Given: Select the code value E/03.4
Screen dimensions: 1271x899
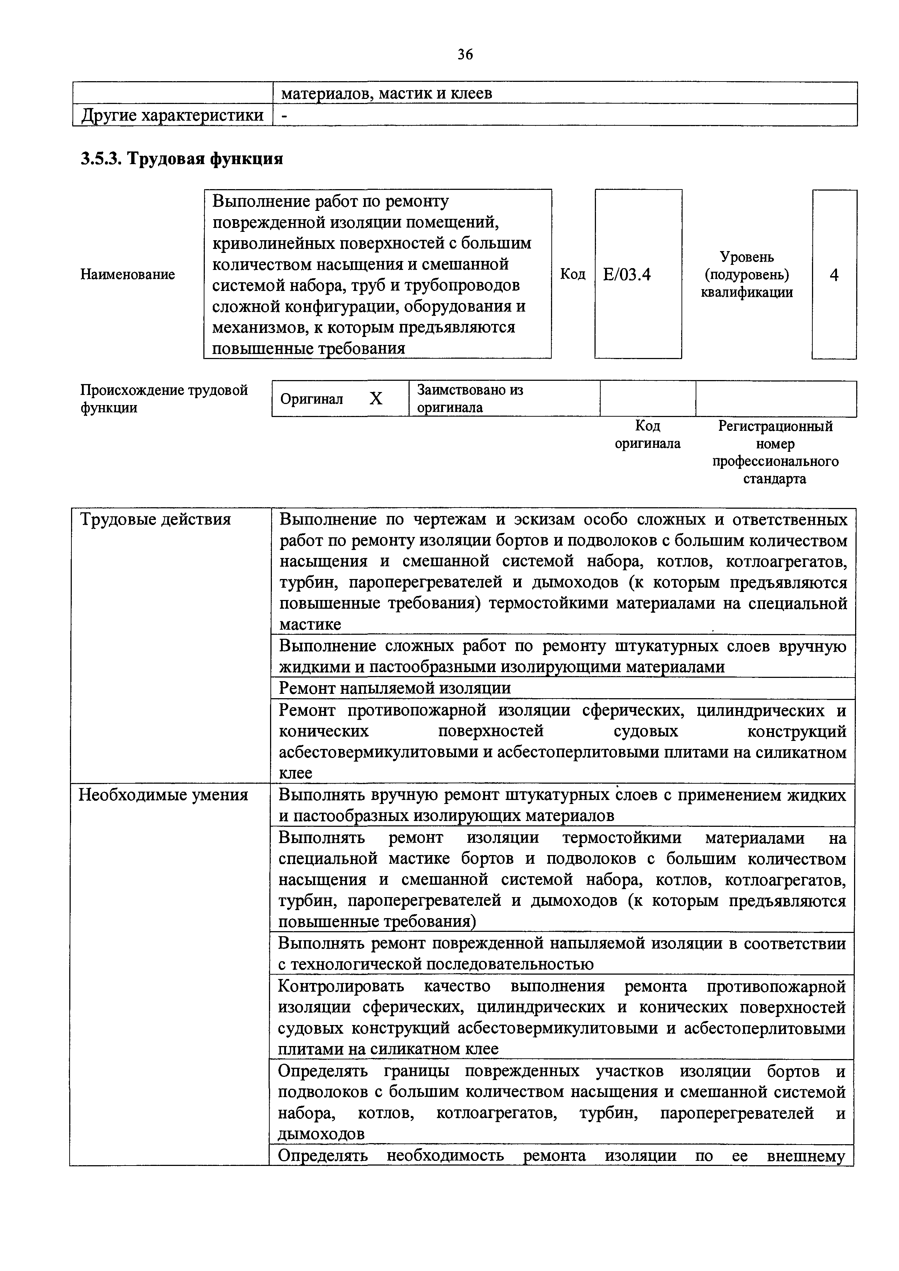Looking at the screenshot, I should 627,275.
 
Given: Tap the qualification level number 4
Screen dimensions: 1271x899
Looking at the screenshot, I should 834,275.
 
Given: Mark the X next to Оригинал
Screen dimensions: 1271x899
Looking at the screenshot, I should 376,399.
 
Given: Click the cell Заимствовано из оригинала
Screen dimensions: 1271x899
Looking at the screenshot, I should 470,399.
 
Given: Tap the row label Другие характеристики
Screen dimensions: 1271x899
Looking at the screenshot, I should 172,115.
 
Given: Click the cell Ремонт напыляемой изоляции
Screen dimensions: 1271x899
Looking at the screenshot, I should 395,688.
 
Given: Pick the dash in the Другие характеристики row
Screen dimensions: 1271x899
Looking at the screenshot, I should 284,115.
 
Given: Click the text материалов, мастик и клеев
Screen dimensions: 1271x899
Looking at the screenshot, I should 387,93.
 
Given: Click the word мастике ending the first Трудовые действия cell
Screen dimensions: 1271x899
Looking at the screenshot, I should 310,624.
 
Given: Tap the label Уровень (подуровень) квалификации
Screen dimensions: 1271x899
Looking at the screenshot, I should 747,275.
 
